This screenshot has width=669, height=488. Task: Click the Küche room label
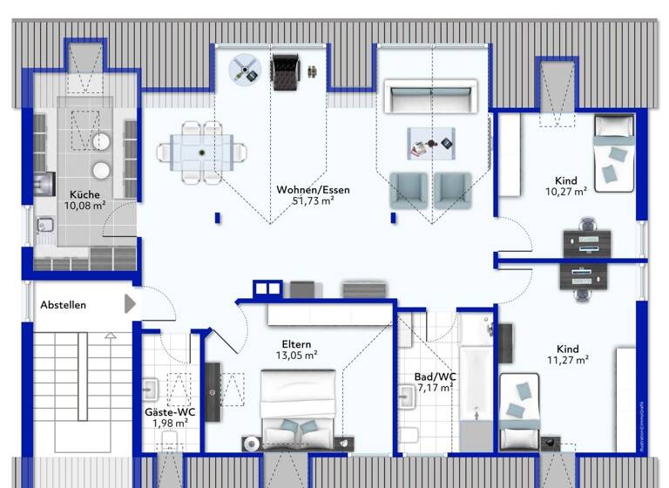point(85,194)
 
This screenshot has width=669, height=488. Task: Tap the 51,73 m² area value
point(314,201)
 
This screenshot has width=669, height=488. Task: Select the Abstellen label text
point(63,305)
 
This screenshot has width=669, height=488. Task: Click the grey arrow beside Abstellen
point(130,303)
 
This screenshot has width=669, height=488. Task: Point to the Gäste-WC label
point(170,412)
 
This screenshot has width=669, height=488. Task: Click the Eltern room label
point(296,344)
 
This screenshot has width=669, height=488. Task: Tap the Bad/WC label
point(435,376)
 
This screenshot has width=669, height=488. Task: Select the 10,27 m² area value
point(566,192)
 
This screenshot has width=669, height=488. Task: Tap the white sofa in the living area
point(432,97)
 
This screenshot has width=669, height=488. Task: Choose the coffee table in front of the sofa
point(431,142)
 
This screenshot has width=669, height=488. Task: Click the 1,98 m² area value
point(170,424)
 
